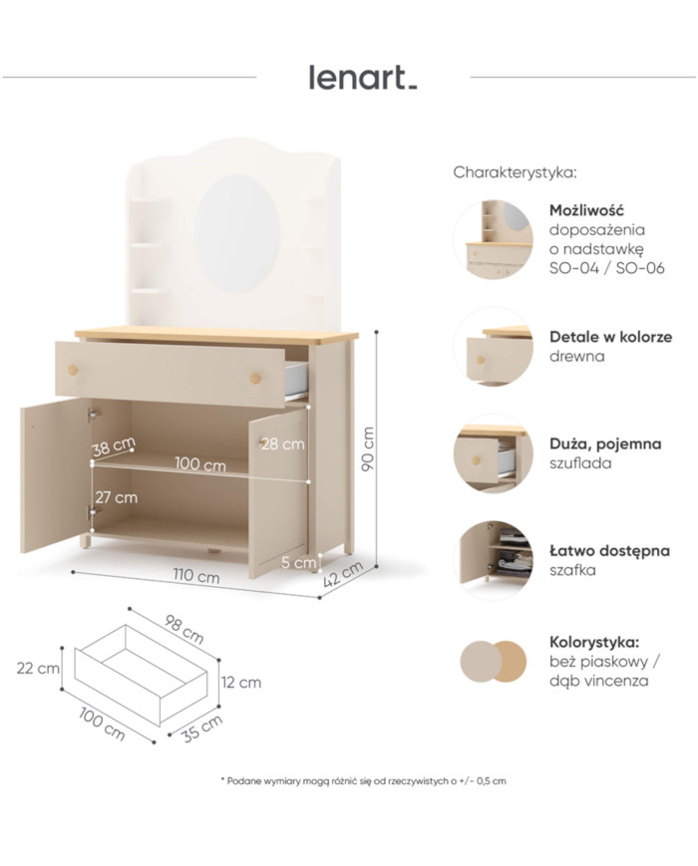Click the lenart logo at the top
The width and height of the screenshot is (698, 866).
[x=363, y=78]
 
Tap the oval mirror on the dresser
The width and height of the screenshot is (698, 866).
[x=237, y=233]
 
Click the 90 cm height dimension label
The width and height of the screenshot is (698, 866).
[x=368, y=448]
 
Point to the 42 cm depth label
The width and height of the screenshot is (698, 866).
[x=343, y=574]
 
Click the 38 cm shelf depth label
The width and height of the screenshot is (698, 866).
[x=114, y=446]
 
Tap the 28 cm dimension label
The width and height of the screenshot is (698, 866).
[x=283, y=443]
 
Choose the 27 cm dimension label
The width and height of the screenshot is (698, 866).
[x=116, y=497]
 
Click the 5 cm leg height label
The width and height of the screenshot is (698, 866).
[x=298, y=562]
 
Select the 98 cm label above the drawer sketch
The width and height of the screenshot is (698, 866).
[x=184, y=629]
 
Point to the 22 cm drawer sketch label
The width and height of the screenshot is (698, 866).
[x=38, y=668]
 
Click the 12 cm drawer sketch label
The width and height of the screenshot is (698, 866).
[x=241, y=682]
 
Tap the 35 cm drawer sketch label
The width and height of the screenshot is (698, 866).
[x=202, y=728]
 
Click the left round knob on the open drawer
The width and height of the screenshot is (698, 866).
[x=73, y=369]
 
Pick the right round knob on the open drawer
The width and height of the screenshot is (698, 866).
[x=255, y=378]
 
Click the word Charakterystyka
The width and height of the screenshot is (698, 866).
[x=516, y=172]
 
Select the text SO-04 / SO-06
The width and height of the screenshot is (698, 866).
[x=607, y=268]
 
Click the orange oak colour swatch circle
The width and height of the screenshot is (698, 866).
[x=509, y=662]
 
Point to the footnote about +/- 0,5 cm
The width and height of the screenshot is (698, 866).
[x=363, y=781]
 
